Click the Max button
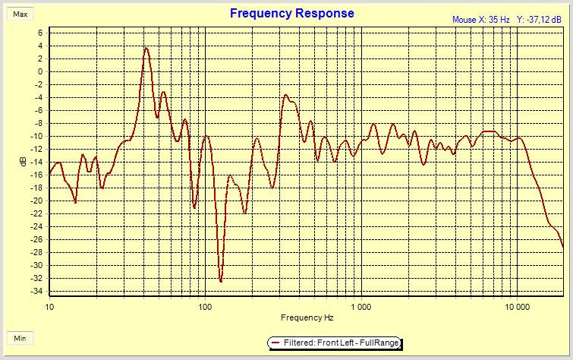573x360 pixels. click(x=20, y=14)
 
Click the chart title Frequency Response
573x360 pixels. click(x=291, y=14)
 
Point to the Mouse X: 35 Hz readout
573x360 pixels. click(x=480, y=19)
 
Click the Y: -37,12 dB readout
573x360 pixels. click(x=541, y=19)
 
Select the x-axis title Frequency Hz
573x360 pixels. click(x=307, y=317)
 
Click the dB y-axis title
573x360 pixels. click(x=24, y=161)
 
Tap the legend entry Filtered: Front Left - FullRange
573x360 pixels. click(x=341, y=344)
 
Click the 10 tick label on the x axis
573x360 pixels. click(x=50, y=307)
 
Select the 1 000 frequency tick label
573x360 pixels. click(x=361, y=307)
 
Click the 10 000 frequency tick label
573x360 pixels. click(x=517, y=307)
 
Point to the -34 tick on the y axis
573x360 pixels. click(x=38, y=292)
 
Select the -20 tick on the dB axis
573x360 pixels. click(x=38, y=201)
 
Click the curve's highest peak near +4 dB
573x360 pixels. click(x=146, y=49)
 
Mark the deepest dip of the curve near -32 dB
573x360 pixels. click(x=221, y=281)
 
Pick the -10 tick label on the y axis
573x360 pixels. click(x=38, y=136)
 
